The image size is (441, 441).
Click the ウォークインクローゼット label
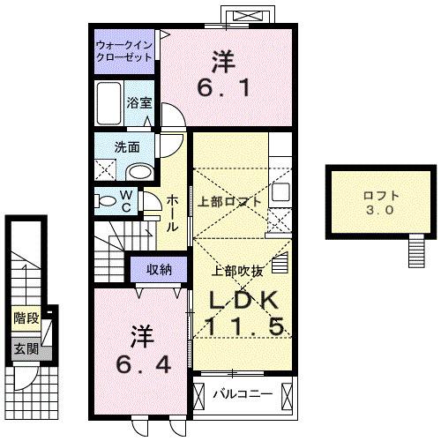click(125, 49)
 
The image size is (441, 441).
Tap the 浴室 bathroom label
click(140, 102)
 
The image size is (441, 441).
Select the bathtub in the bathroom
click(110, 105)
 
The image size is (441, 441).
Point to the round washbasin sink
click(139, 171)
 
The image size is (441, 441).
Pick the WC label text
click(126, 200)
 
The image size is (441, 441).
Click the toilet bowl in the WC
click(107, 201)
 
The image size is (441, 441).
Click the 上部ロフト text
click(229, 200)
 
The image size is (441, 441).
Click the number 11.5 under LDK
click(245, 326)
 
